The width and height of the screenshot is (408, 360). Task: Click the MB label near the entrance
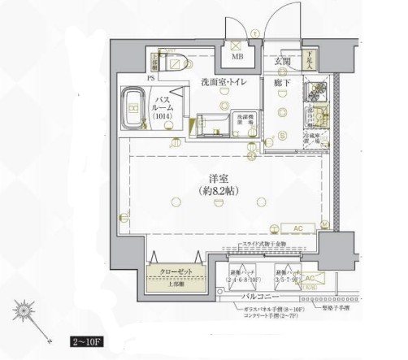pyautogui.click(x=237, y=58)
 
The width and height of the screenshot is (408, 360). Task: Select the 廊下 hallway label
pyautogui.click(x=282, y=82)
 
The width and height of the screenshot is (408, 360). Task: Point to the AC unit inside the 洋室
pyautogui.click(x=297, y=228)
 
